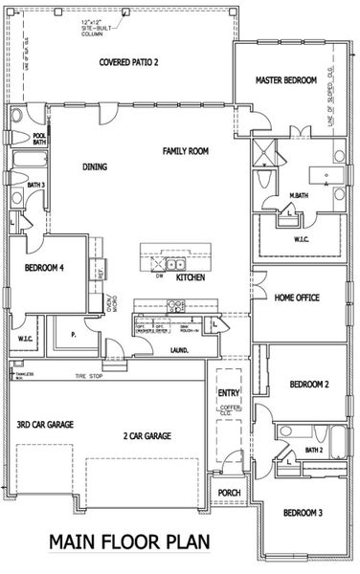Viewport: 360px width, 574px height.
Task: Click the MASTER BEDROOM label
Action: [x=285, y=82]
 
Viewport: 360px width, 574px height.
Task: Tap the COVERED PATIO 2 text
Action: [x=130, y=63]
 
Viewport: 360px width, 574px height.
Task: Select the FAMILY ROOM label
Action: [x=186, y=151]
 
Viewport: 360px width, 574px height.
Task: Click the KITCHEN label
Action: [x=191, y=277]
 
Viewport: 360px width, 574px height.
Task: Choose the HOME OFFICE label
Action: [x=297, y=298]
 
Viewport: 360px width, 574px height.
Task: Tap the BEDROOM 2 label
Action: [x=309, y=385]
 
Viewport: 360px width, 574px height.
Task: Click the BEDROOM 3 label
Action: [x=303, y=513]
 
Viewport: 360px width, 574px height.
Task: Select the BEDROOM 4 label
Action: [x=44, y=269]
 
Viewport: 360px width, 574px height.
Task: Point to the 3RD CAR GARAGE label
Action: [x=45, y=424]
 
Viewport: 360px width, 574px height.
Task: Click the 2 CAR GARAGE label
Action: [x=146, y=435]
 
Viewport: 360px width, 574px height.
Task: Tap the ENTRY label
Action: [x=229, y=392]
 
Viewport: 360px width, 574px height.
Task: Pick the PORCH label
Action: [x=229, y=494]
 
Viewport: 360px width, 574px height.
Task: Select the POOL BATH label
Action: [x=39, y=139]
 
